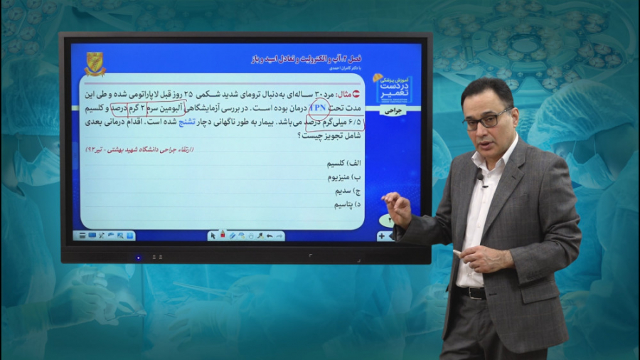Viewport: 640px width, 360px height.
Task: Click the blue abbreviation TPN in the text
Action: [319, 108]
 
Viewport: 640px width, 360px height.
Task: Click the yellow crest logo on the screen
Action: [95, 63]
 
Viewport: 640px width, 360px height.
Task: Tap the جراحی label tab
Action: [393, 111]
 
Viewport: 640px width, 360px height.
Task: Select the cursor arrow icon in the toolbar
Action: [212, 235]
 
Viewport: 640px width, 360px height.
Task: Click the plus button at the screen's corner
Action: [382, 235]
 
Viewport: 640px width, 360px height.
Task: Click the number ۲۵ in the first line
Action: [188, 94]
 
